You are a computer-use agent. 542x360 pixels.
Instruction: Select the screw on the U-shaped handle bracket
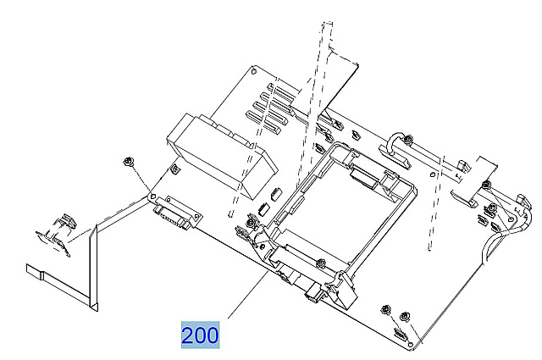(408, 139)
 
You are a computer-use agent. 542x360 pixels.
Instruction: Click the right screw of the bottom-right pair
(404, 314)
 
